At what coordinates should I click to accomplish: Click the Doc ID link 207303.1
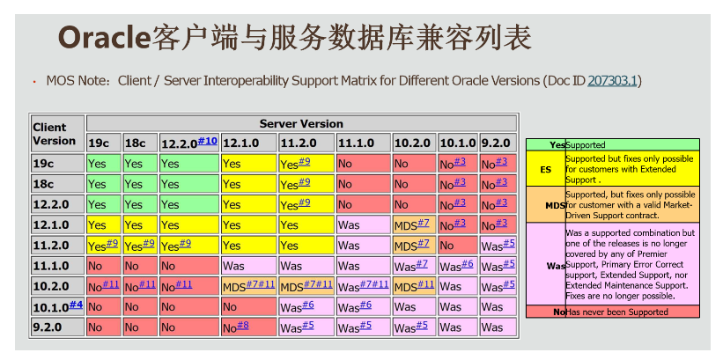click(x=612, y=81)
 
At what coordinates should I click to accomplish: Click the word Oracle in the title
click(x=104, y=38)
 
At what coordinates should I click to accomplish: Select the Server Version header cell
click(x=301, y=123)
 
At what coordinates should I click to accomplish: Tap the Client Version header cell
click(x=57, y=134)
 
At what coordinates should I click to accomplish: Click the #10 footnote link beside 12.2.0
click(x=207, y=141)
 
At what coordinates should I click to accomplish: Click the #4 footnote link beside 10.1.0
click(x=76, y=305)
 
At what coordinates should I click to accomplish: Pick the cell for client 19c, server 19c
click(x=104, y=164)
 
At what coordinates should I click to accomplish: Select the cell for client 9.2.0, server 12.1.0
click(x=249, y=327)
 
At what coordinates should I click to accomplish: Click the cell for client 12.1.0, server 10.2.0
click(x=414, y=225)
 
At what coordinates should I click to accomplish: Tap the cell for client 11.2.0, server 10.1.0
click(x=458, y=246)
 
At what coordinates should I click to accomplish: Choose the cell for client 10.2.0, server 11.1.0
click(x=364, y=286)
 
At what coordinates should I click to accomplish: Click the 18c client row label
click(x=57, y=184)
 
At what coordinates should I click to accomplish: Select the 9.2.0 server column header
click(x=498, y=143)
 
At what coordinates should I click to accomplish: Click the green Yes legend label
click(x=557, y=144)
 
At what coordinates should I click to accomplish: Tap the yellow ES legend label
click(x=545, y=169)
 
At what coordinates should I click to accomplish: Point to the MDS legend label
click(x=555, y=205)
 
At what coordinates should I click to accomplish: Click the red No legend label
click(x=559, y=312)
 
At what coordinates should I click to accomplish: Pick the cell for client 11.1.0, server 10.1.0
click(x=458, y=266)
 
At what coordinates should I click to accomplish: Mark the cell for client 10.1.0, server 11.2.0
click(x=306, y=306)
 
